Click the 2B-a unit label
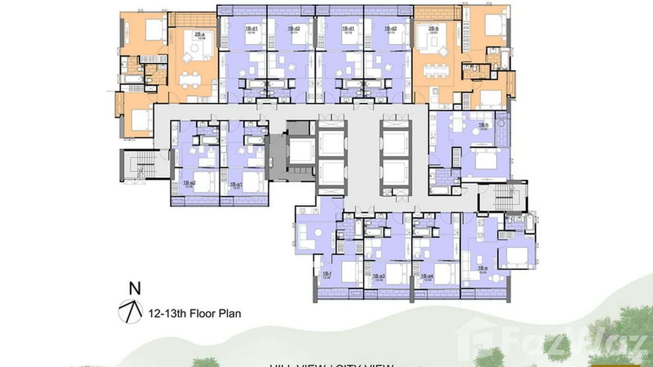pyautogui.click(x=200, y=35)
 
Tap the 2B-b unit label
pyautogui.click(x=434, y=29)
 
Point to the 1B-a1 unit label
pyautogui.click(x=236, y=184)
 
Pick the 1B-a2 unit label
pyautogui.click(x=189, y=183)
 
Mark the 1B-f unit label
pyautogui.click(x=327, y=275)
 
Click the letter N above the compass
pyautogui.click(x=135, y=289)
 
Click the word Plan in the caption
pyautogui.click(x=228, y=313)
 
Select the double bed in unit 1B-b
pyautogui.click(x=485, y=160)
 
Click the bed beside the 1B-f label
pyautogui.click(x=349, y=273)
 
